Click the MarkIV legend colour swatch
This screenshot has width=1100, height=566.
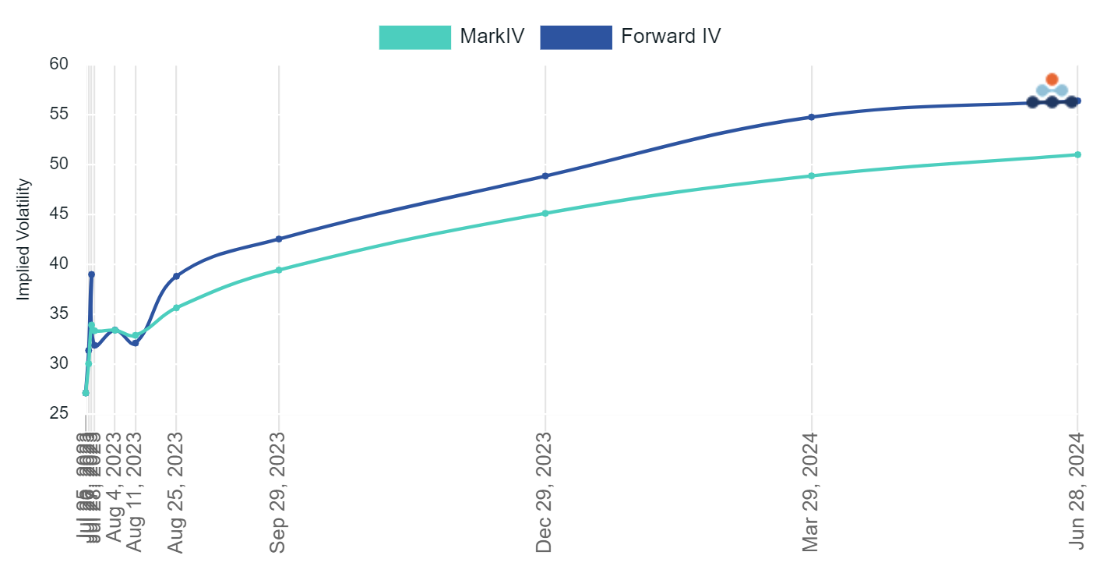tap(414, 37)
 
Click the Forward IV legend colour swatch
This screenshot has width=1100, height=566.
tap(576, 37)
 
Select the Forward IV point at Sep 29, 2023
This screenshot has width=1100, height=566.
tap(279, 239)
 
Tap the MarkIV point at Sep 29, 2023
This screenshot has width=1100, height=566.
tap(279, 271)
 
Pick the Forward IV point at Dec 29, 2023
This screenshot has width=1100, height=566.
tap(545, 176)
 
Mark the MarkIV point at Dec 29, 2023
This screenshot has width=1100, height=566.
tap(545, 213)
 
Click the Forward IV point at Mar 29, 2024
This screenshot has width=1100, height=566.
tap(812, 117)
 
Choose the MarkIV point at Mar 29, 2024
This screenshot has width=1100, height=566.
tap(812, 175)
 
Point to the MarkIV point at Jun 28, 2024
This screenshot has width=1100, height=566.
tap(1077, 154)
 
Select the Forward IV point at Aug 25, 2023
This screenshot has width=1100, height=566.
tap(176, 276)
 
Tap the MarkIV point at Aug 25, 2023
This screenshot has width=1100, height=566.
tap(176, 308)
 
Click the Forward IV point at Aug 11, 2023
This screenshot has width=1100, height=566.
tap(136, 343)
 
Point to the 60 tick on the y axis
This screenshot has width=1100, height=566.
tap(58, 64)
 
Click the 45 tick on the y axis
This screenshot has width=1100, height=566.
tap(58, 214)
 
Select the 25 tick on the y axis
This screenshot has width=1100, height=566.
tap(58, 413)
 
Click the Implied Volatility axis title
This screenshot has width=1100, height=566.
tap(24, 239)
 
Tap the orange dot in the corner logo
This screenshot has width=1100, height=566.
tap(1052, 80)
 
